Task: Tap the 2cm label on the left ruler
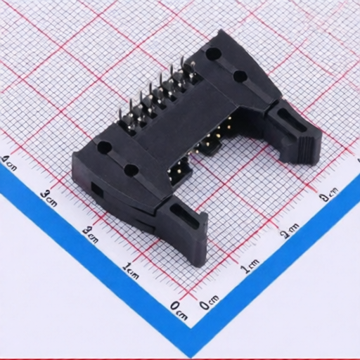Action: pos(89,232)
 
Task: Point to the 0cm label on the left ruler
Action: pos(179,306)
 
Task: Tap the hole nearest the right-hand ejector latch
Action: pos(239,75)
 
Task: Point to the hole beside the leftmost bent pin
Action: pos(104,148)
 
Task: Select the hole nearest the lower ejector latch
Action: pos(130,169)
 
